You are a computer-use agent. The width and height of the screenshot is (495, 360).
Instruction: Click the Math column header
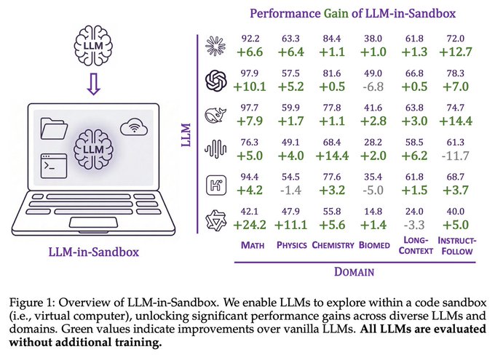(252, 245)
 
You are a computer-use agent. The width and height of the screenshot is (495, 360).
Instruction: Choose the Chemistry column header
(333, 245)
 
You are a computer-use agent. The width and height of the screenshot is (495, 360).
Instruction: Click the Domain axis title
(354, 273)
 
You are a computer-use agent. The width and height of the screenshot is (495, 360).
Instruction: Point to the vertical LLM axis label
(185, 135)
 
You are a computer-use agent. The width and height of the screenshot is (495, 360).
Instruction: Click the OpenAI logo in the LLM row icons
(216, 80)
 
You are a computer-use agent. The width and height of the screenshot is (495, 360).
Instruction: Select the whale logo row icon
(216, 114)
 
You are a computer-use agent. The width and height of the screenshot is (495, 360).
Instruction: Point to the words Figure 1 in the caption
(35, 300)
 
